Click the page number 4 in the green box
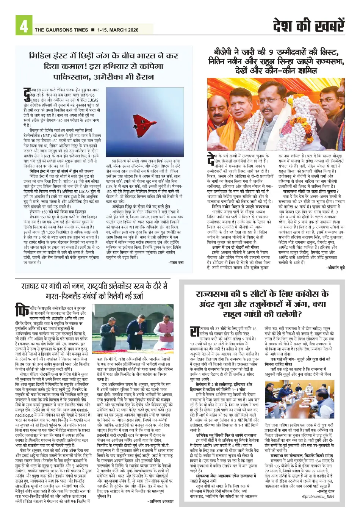pos(23,26)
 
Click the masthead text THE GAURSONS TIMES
pos(61,30)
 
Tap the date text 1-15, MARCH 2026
pos(118,30)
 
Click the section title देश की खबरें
pos(309,25)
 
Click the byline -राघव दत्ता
pos(175,262)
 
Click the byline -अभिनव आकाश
pos(160,501)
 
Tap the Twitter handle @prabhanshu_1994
pos(318,496)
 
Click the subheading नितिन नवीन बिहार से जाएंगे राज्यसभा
pos(241,207)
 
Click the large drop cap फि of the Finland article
pos(22,310)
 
